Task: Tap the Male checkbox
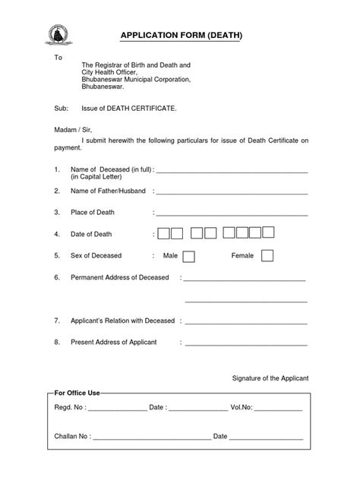tap(189, 256)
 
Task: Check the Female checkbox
tap(267, 256)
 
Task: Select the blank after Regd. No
tap(117, 409)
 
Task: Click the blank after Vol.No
tap(278, 409)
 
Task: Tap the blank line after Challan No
tap(152, 437)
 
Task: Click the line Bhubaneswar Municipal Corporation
tap(136, 79)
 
